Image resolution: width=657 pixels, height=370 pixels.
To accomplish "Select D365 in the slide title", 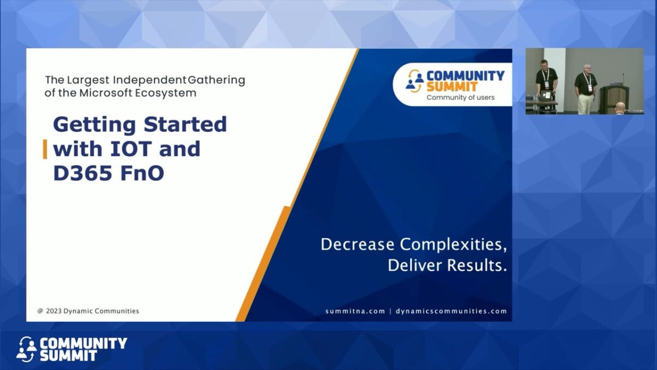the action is tap(83, 173).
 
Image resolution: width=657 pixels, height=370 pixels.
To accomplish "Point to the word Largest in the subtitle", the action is tap(88, 80).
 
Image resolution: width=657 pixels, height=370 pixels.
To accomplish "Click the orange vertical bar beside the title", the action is tap(45, 149).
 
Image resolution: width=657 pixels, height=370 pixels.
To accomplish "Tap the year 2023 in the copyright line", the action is tap(54, 311).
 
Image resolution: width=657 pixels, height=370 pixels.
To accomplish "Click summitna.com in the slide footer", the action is tap(355, 311).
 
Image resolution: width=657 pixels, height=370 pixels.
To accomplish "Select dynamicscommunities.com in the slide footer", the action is tap(451, 311).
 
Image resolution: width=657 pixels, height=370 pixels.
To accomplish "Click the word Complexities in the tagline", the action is tap(453, 244).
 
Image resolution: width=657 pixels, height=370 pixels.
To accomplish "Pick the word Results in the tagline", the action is tap(477, 265).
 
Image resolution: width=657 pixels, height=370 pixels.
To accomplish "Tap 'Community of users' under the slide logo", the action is tap(460, 98).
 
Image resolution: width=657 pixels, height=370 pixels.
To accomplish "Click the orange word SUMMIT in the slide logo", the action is tap(452, 87).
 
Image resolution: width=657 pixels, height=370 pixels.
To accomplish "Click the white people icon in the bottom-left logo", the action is tap(26, 350).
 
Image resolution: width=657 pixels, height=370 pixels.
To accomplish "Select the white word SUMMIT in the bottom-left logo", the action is tap(68, 356).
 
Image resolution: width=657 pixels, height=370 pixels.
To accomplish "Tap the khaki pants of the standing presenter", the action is tap(585, 104).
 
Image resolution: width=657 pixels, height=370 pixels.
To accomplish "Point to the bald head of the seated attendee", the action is tap(620, 106).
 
